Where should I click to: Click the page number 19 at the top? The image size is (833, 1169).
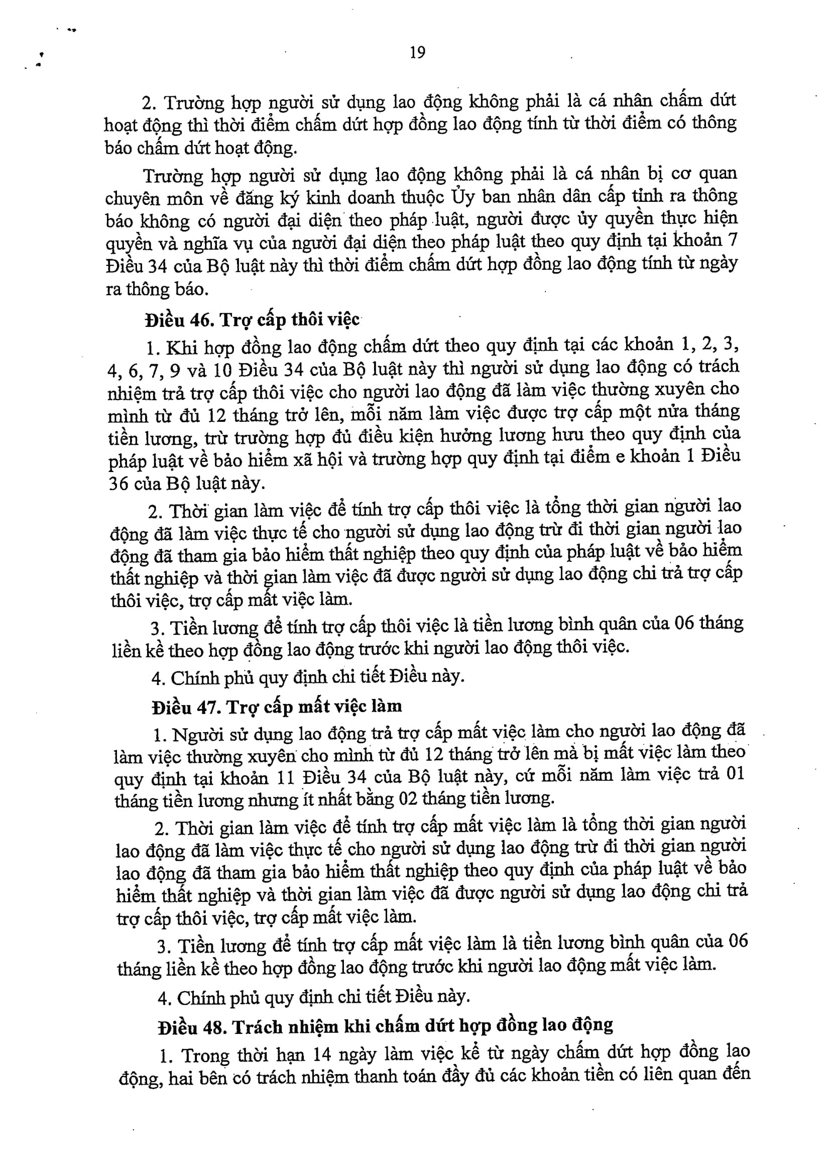(x=418, y=52)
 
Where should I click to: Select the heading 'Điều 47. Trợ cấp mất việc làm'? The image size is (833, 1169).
(x=277, y=707)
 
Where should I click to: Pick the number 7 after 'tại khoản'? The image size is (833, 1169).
(x=733, y=240)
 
